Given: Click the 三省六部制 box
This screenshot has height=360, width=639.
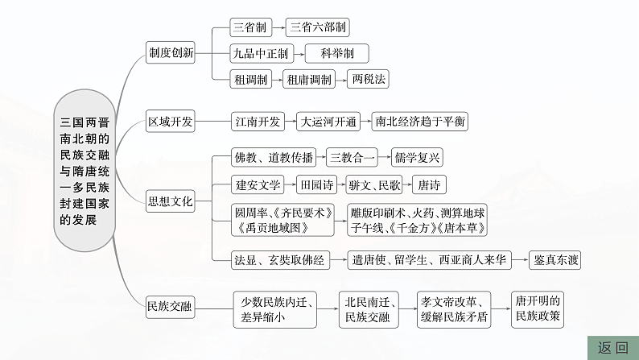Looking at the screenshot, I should coord(319,27).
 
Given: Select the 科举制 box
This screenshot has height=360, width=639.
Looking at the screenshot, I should coord(336,53).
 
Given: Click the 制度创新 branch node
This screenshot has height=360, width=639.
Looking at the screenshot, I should coord(171,53).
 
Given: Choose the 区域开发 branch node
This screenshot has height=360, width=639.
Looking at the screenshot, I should coord(171,122).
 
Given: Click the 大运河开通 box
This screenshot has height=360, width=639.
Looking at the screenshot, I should coord(328,122).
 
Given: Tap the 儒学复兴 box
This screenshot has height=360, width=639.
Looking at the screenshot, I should coord(417,158).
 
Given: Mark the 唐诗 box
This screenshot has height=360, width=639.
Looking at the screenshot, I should coord(429,184).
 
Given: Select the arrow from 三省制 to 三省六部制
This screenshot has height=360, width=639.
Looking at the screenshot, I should coord(274,27).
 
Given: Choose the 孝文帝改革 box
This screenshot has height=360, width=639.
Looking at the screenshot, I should coord(454,308).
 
